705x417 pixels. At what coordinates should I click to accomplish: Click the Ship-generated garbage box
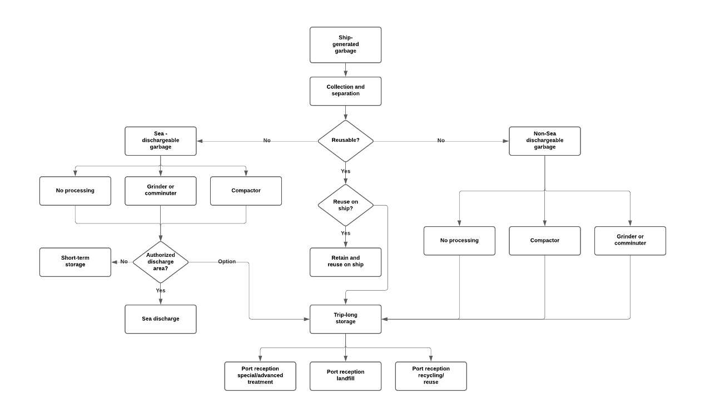pos(345,44)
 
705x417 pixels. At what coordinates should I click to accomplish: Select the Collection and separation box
pos(345,91)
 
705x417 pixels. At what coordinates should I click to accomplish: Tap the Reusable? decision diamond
pos(345,141)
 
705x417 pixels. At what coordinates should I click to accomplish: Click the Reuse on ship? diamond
pos(345,205)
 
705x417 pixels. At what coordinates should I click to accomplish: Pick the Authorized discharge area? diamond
pos(161,262)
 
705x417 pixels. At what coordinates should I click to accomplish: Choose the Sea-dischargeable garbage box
pos(161,141)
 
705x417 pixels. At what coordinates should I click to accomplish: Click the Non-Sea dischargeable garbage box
pos(544,141)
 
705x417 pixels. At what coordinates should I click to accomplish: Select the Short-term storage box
pos(75,262)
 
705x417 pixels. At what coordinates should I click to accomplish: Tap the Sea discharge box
pos(161,319)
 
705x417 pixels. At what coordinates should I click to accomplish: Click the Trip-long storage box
pos(345,319)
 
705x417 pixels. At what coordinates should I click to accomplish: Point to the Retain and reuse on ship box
pos(345,262)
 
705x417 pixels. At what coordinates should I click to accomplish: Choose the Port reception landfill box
pos(345,376)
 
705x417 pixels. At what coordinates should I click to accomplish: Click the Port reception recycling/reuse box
pos(431,376)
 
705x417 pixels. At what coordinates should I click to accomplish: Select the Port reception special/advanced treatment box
pos(260,376)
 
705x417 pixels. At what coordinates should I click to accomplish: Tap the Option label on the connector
pos(227,261)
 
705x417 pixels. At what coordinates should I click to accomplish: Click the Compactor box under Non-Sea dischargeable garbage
pos(544,241)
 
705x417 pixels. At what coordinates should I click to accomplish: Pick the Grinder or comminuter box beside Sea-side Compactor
pos(161,191)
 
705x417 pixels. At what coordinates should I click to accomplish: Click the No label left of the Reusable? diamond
pos(267,141)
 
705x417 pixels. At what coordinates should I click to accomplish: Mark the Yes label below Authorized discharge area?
pos(161,290)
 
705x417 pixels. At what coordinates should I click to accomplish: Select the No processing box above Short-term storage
pos(75,191)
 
